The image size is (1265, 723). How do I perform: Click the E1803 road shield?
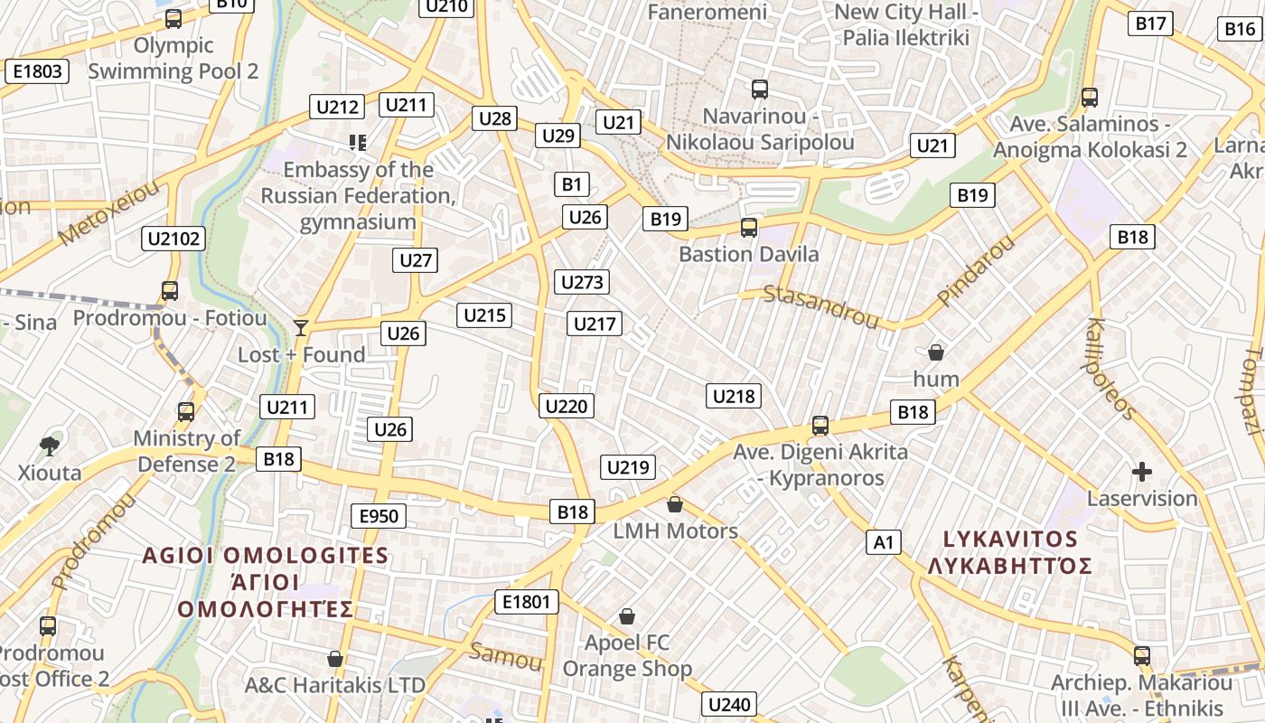point(37,71)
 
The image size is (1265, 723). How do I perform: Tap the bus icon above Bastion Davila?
point(748,228)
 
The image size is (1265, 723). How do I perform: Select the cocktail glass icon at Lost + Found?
point(301,327)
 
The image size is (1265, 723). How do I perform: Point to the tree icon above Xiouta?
point(50,445)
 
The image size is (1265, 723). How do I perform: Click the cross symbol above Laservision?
point(1142,471)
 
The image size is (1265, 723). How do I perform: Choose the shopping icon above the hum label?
point(936,352)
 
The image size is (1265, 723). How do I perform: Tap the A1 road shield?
point(884,542)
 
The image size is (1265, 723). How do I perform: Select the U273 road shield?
point(582,282)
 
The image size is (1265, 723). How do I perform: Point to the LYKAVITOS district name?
point(1010,540)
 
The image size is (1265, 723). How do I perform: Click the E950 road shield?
point(379,516)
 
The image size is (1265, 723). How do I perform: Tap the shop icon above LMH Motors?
point(675,504)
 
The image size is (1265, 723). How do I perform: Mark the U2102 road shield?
point(173,239)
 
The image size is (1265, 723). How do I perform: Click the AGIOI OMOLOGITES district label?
point(266,555)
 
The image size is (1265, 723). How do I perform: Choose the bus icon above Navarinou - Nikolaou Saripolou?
point(760,89)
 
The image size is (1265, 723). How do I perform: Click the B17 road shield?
point(1151,23)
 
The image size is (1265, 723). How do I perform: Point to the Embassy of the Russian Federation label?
point(358,195)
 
